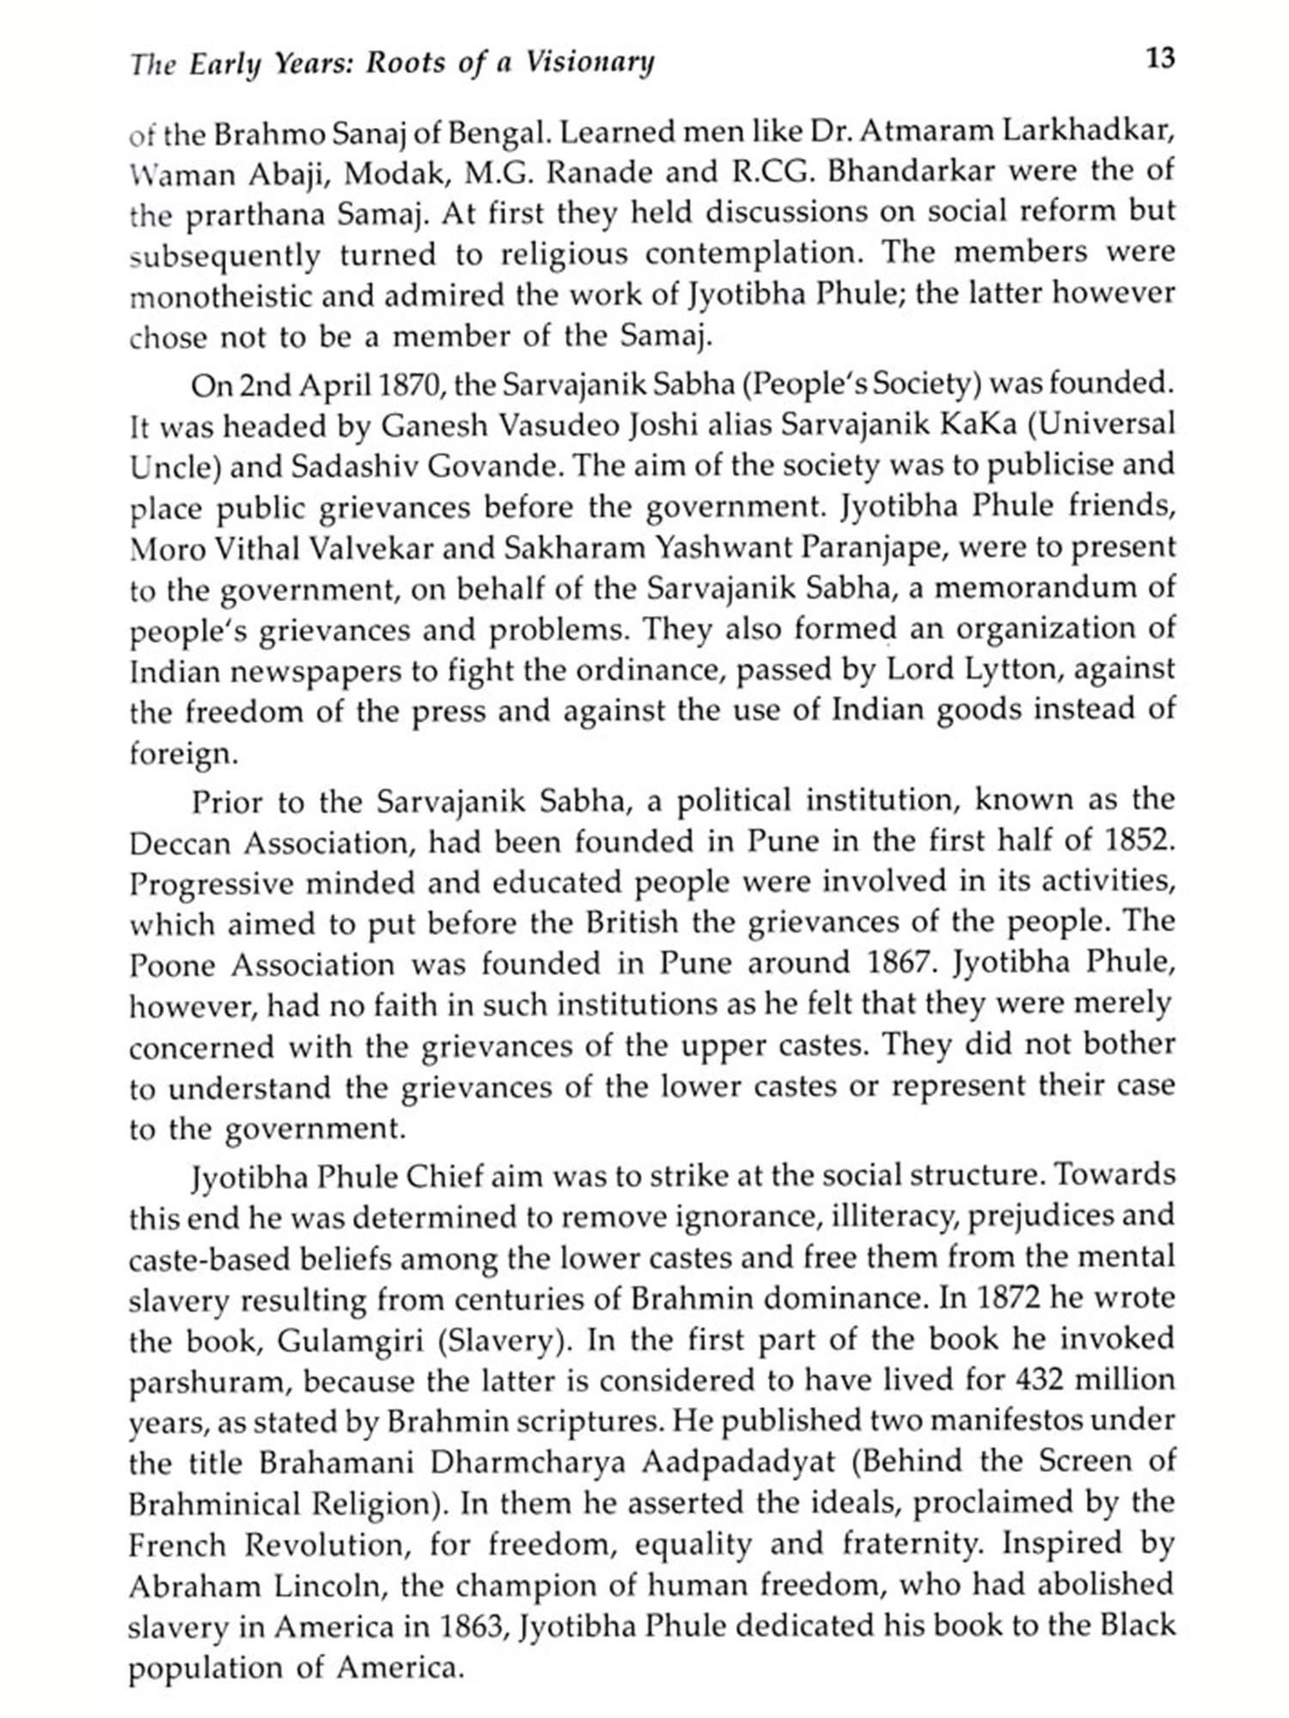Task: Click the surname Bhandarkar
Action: click(911, 173)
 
